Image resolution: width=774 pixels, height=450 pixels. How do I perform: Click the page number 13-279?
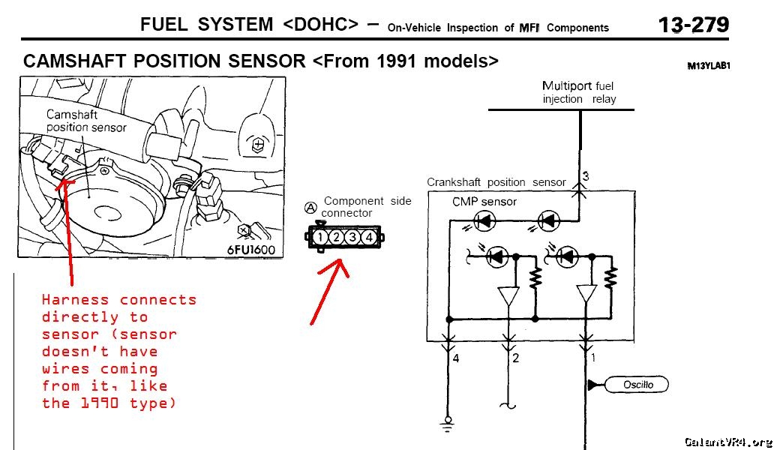click(694, 25)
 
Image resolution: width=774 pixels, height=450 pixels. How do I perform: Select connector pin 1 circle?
click(319, 237)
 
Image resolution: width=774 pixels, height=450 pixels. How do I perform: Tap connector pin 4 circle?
click(369, 237)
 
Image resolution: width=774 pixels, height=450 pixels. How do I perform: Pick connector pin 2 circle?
click(336, 237)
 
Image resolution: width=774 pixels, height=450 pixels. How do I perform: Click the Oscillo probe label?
click(637, 385)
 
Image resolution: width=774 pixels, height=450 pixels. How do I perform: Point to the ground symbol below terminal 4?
click(447, 424)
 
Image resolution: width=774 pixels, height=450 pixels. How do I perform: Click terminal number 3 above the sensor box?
click(586, 176)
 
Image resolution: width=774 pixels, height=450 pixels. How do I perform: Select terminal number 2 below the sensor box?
click(515, 358)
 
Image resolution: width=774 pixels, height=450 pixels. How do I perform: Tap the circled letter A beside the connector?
click(310, 208)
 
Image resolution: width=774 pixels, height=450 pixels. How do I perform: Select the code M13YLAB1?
click(708, 66)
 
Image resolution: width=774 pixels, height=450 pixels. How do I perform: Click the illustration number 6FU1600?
click(250, 250)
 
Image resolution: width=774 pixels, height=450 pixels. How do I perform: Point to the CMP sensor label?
click(484, 202)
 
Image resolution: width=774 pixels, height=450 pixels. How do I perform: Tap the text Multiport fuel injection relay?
click(578, 92)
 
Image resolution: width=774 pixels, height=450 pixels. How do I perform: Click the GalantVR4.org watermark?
click(728, 442)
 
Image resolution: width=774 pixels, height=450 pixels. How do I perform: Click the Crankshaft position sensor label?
click(496, 182)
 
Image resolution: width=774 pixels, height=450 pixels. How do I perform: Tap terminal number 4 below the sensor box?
click(455, 358)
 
